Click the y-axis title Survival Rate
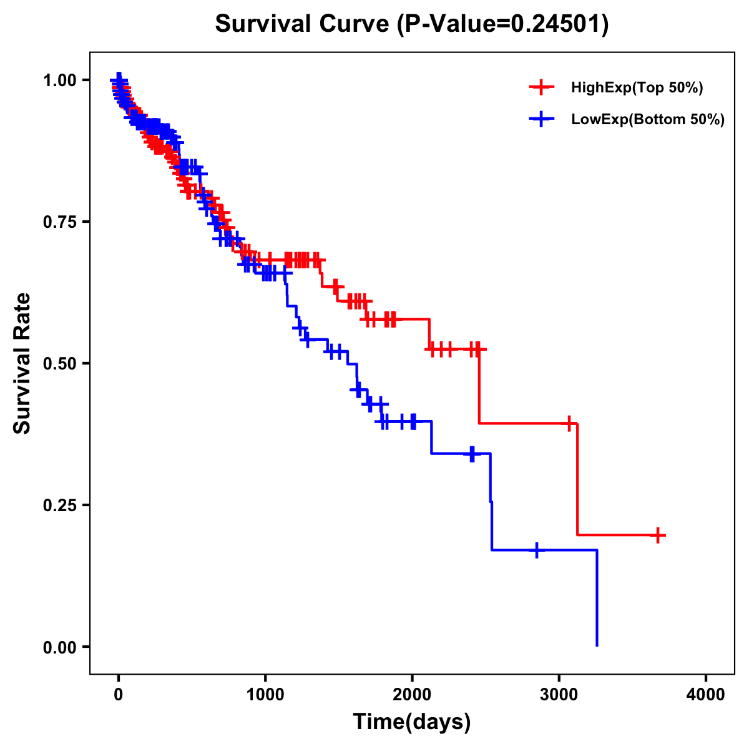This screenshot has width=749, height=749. (22, 363)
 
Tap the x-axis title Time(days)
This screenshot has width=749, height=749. (412, 722)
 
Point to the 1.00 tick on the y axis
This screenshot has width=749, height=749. (60, 80)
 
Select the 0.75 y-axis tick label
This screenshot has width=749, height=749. (60, 222)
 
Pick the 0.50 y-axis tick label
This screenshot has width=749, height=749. (60, 363)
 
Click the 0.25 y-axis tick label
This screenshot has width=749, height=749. (60, 505)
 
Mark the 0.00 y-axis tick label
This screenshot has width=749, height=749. (60, 647)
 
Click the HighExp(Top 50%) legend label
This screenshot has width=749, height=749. (637, 88)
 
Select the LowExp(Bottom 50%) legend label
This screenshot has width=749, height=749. (648, 120)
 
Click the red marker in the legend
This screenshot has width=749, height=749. (542, 87)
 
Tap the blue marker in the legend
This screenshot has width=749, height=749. (542, 119)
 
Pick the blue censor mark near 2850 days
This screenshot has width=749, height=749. (537, 550)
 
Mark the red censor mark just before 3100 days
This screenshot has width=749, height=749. (569, 423)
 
